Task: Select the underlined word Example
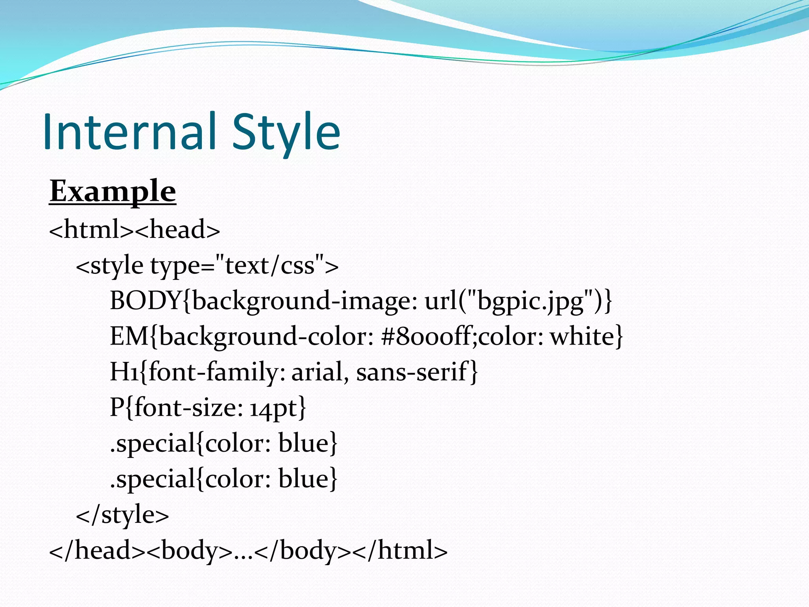pyautogui.click(x=113, y=191)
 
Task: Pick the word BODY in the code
pyautogui.click(x=145, y=300)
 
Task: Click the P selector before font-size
pyautogui.click(x=117, y=407)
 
